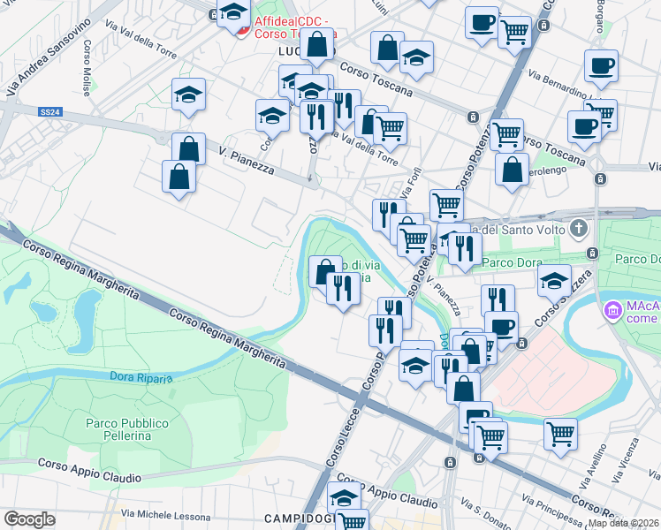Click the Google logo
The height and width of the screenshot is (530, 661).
point(29,519)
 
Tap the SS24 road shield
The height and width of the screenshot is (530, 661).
point(50,112)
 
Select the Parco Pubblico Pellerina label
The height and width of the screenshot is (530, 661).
point(118,429)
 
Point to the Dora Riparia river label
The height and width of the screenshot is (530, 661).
point(141,377)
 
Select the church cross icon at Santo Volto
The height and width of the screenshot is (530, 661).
point(578,230)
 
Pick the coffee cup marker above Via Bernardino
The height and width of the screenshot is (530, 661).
point(601,65)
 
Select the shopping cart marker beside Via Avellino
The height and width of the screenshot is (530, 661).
point(560,434)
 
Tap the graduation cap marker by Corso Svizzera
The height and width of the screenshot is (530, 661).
point(554,280)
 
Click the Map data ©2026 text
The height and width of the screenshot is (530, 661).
point(624,523)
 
